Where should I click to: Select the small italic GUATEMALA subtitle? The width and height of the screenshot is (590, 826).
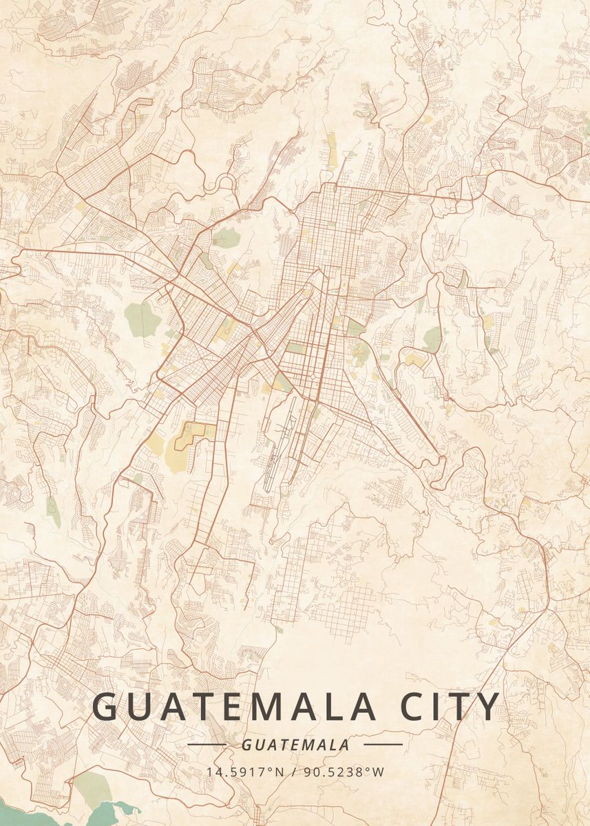(295, 745)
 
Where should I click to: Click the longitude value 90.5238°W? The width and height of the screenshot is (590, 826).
(344, 772)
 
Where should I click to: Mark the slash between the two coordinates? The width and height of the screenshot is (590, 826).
(293, 772)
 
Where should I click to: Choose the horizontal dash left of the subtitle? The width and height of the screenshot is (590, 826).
(207, 745)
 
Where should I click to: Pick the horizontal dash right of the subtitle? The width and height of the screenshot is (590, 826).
(383, 745)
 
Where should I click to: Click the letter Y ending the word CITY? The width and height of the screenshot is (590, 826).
(489, 708)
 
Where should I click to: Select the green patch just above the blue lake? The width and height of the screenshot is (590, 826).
(89, 785)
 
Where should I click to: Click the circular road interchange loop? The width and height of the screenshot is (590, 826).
(225, 183)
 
